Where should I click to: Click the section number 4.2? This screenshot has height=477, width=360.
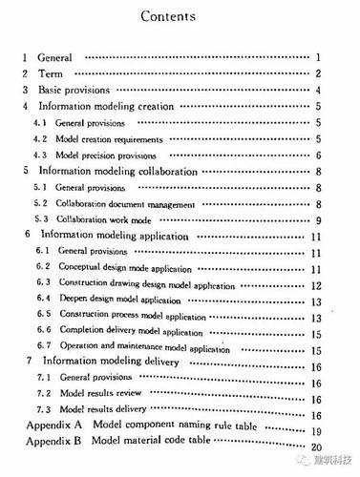point(40,139)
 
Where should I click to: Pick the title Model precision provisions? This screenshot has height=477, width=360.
point(107,156)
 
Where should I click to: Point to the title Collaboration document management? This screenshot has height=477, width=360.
point(125,204)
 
